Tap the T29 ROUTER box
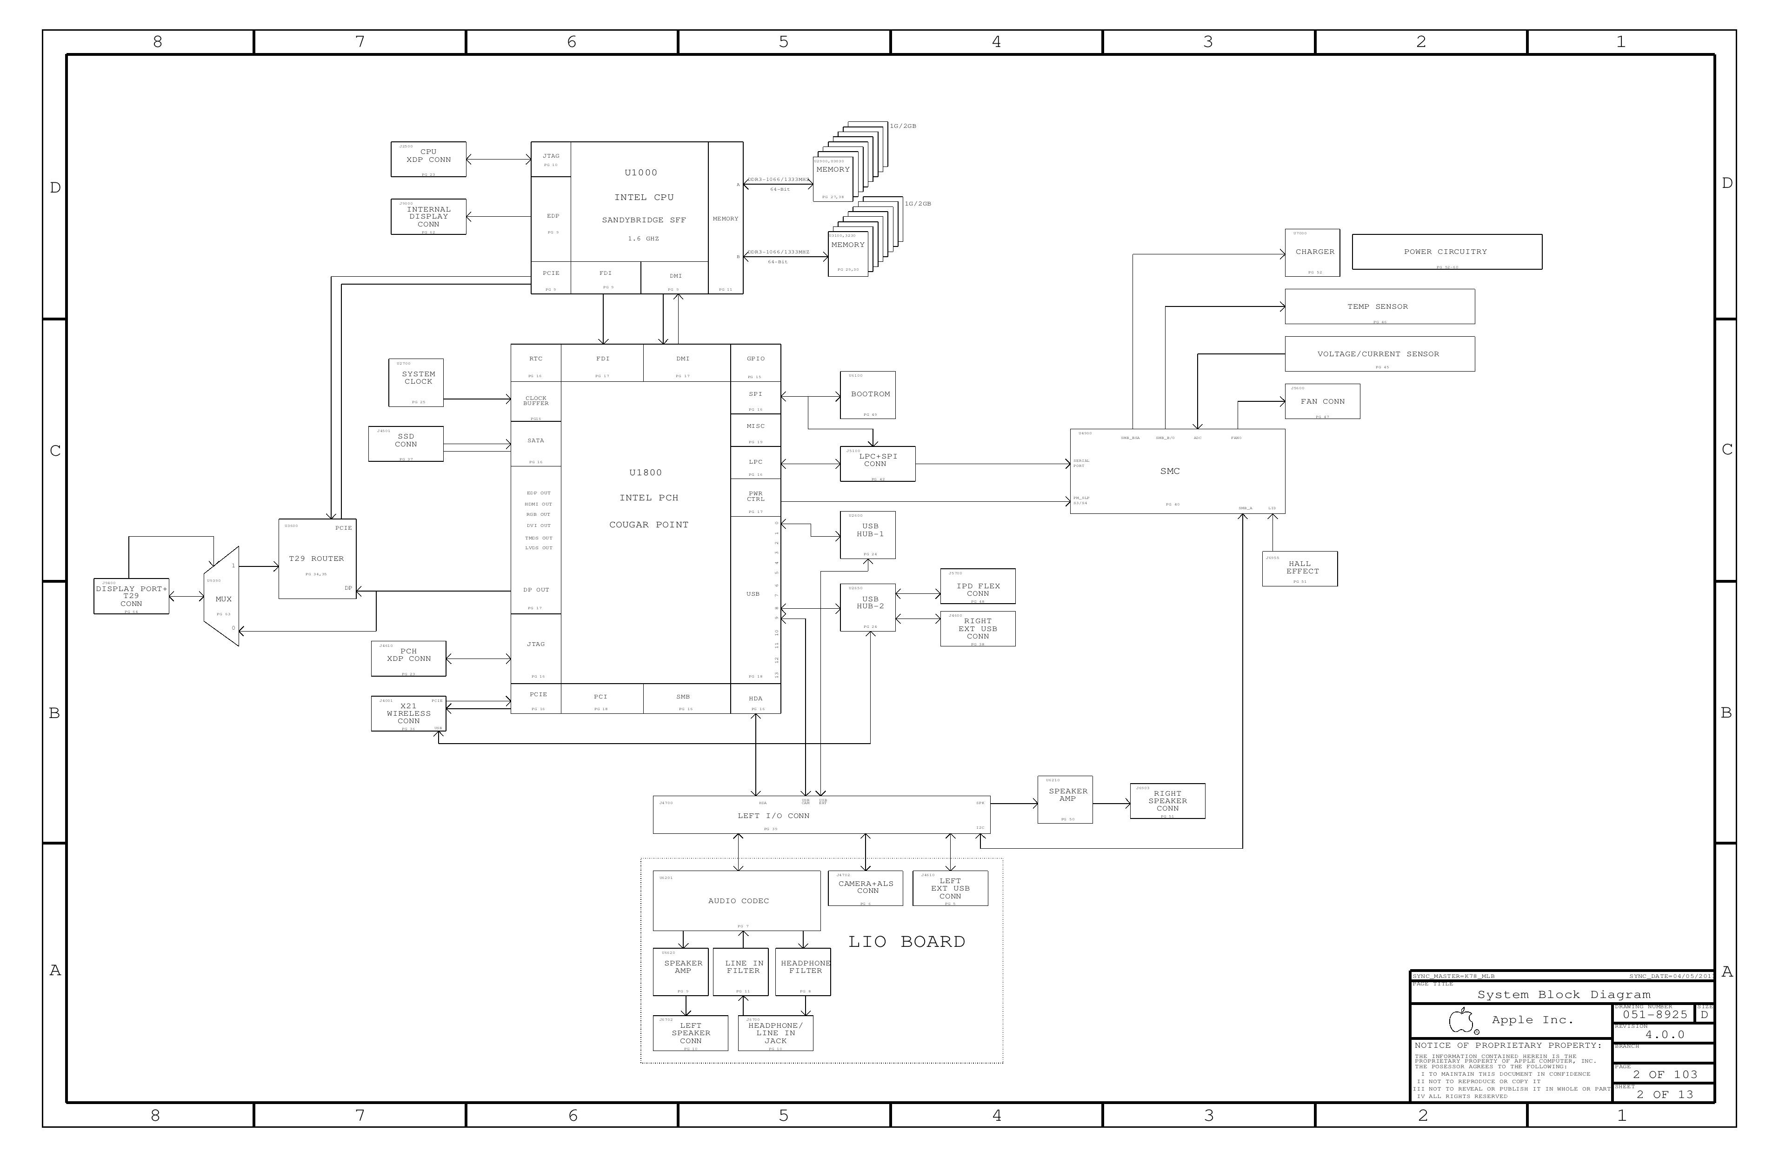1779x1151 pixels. click(x=317, y=559)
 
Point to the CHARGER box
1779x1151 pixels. click(x=1312, y=252)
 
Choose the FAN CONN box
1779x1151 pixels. click(x=1321, y=401)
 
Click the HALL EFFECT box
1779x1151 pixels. click(x=1299, y=569)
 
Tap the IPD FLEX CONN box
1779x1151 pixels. click(x=977, y=587)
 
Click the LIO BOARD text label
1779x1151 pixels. click(x=906, y=942)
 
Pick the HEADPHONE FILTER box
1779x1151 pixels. click(x=803, y=971)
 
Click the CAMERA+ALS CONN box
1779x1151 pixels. click(x=866, y=888)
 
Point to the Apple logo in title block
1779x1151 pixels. click(x=1461, y=1020)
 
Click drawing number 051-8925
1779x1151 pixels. click(x=1654, y=1014)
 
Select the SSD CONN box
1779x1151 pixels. click(x=406, y=443)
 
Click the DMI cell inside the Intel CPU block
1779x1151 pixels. click(x=674, y=277)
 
